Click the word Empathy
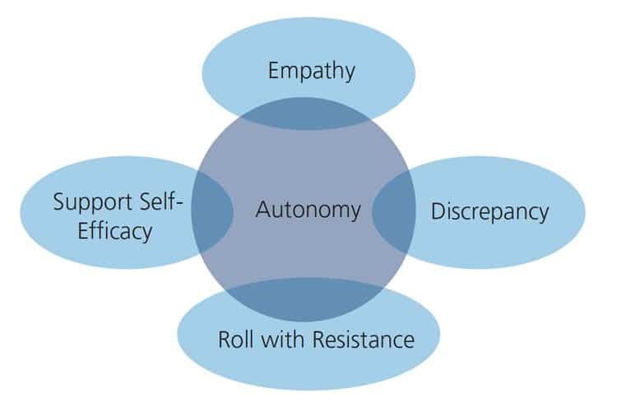(311, 71)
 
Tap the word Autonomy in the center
(308, 210)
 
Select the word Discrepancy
(489, 211)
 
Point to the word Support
(88, 201)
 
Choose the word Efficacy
(114, 230)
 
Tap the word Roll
(234, 339)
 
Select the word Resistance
(362, 339)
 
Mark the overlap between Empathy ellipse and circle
(308, 118)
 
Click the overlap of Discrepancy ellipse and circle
(393, 211)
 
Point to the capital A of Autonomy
(262, 210)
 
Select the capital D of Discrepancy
(438, 211)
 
